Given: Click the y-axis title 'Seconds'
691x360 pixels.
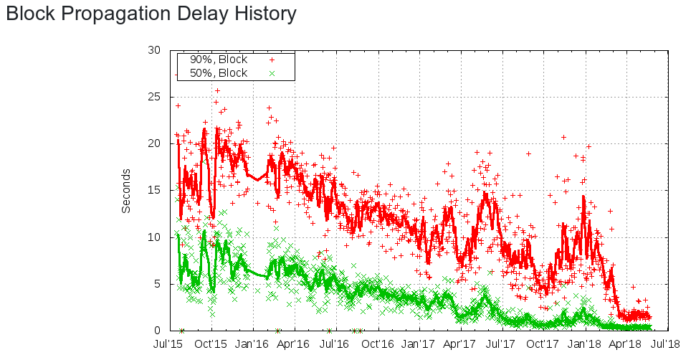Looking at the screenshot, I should pos(126,191).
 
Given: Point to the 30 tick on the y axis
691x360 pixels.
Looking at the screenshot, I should pos(155,50).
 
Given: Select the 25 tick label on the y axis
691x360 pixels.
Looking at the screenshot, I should pos(155,97).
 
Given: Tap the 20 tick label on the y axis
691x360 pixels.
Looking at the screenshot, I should pos(155,143).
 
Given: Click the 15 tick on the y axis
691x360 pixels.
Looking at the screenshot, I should pos(155,190).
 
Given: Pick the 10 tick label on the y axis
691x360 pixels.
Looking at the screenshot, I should pos(155,237).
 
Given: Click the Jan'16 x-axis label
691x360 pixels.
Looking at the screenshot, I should pos(252,345).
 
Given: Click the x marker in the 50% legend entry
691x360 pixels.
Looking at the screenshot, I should pos(272,73).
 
